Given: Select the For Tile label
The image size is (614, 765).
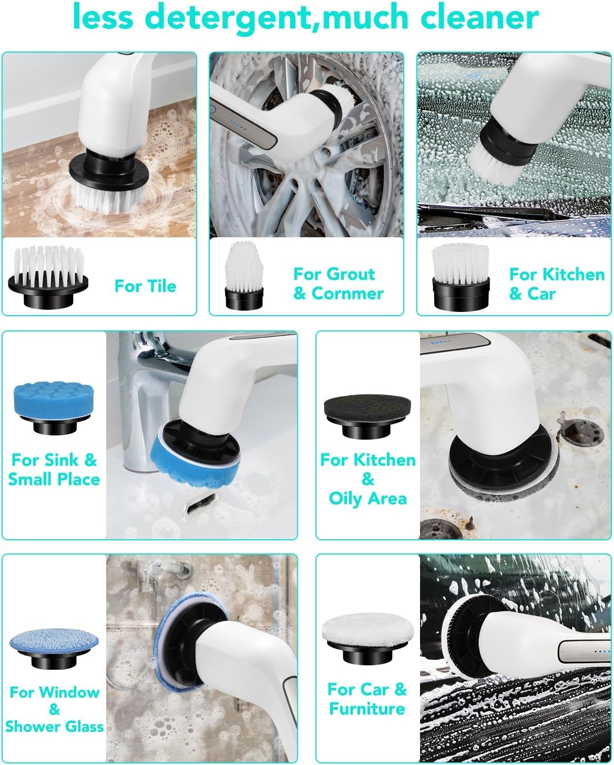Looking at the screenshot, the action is point(145,286).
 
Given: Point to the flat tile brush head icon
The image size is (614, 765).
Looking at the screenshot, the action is point(48,277).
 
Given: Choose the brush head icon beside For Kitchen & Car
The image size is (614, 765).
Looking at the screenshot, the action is point(461,277).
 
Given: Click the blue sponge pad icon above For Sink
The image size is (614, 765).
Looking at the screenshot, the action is point(54,408).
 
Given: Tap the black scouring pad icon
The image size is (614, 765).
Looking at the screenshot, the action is point(367,416).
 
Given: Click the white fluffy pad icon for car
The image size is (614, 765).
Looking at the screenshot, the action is point(368,639).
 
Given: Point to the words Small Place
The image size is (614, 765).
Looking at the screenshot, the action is point(54,479).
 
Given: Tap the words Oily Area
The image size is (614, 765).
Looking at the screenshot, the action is point(368,498).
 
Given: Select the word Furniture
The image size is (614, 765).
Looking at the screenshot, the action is point(367,709).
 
